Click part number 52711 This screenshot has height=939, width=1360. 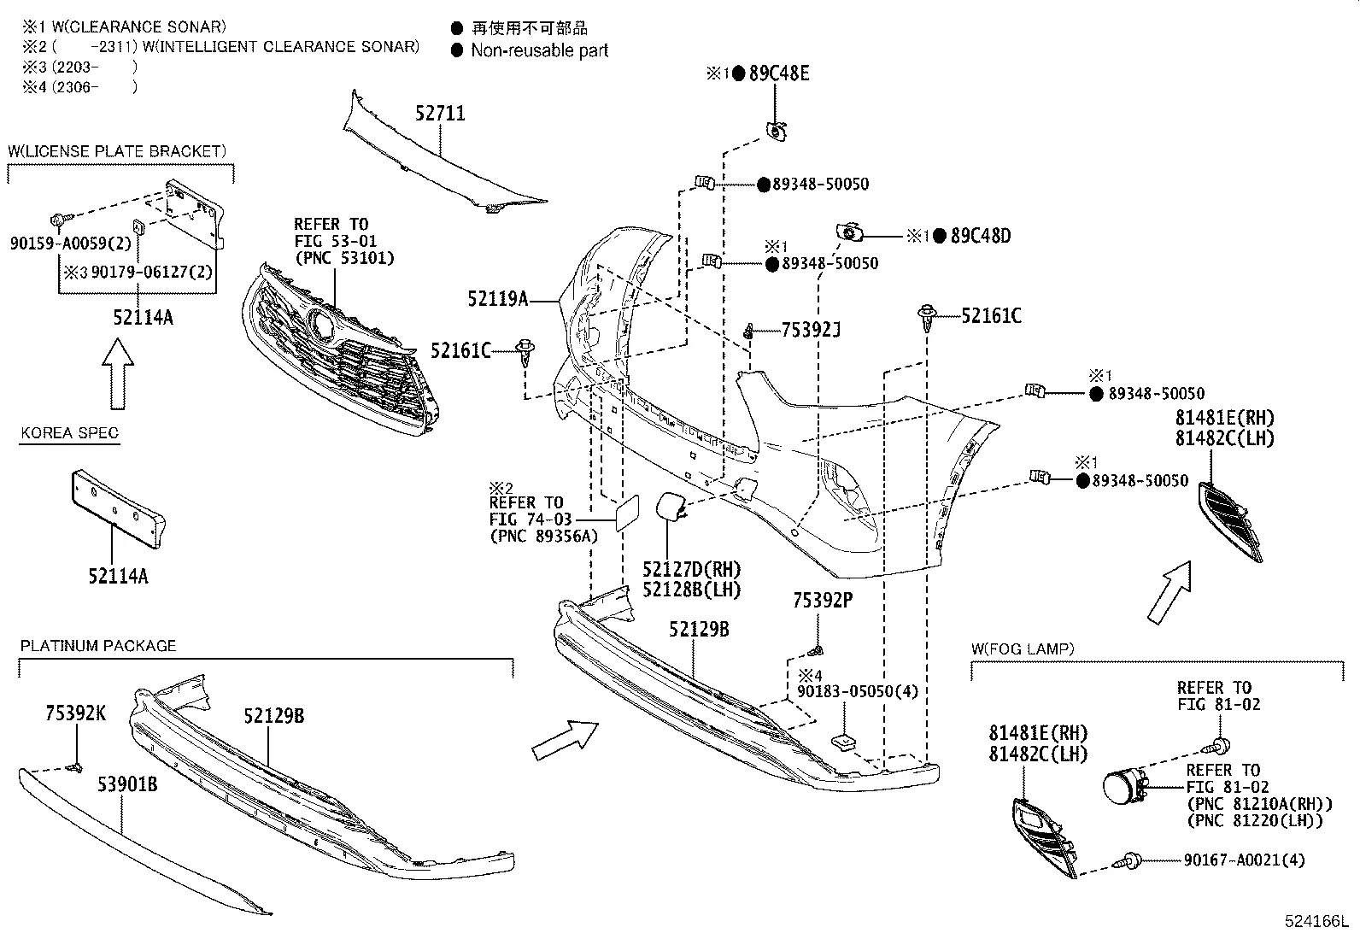point(441,114)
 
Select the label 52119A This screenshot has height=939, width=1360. point(497,299)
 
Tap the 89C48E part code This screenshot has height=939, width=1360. point(779,73)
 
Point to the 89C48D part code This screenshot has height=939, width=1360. point(980,236)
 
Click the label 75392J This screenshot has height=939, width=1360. point(811,330)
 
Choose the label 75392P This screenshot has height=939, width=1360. point(822,601)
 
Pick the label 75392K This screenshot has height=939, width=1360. point(75,713)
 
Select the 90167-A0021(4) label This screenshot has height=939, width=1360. point(1246,860)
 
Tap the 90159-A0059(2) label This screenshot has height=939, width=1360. point(71,244)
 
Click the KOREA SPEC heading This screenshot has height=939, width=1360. point(69,433)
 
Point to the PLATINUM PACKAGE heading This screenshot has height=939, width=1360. point(98,646)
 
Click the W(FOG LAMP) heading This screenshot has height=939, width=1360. point(1022,649)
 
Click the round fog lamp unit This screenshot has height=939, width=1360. point(1122,787)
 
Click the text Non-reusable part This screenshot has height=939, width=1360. point(539,50)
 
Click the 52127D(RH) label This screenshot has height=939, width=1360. point(691,570)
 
